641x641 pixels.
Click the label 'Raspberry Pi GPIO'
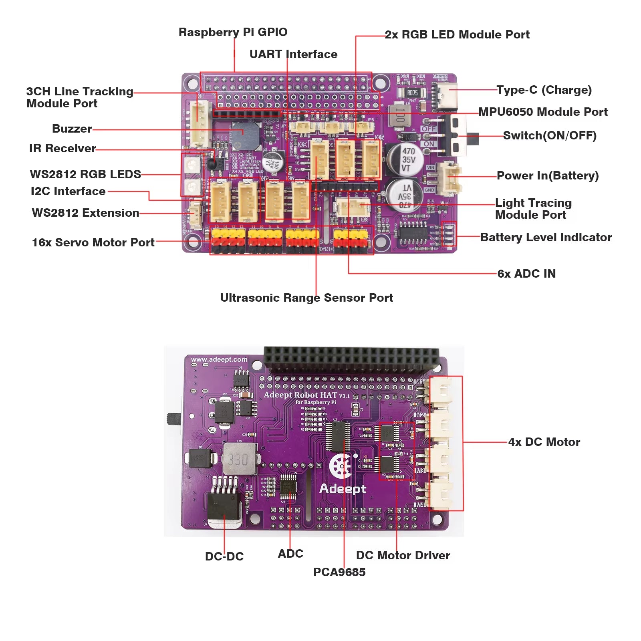coord(233,32)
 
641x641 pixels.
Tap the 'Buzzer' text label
coord(72,129)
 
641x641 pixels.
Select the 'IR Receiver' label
coord(62,148)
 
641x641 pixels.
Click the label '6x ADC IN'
coord(526,274)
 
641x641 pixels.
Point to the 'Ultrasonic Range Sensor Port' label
coord(306,298)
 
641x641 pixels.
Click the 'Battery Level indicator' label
coord(546,237)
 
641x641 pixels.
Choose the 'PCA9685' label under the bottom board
coord(339,572)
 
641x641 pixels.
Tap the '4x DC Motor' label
coord(544,442)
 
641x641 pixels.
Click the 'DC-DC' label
coord(224,556)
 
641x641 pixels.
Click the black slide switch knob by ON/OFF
coord(474,139)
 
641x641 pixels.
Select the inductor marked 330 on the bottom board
coord(239,460)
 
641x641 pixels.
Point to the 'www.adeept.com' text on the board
coord(219,359)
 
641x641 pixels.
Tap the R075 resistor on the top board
coord(412,93)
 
